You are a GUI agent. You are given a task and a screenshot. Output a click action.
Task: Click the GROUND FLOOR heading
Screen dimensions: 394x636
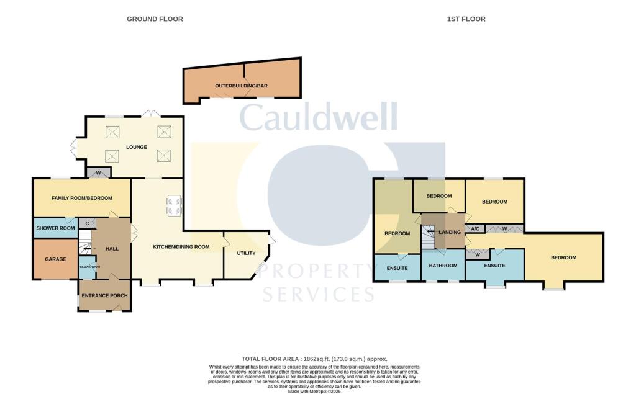click(155, 19)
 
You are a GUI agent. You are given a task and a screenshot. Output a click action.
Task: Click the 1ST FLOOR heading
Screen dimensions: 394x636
click(466, 19)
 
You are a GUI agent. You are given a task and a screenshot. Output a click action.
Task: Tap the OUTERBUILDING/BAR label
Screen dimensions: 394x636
click(242, 85)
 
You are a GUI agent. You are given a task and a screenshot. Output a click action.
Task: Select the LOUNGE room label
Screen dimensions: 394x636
click(136, 147)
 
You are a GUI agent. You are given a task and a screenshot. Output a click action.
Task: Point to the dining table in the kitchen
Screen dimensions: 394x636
click(173, 205)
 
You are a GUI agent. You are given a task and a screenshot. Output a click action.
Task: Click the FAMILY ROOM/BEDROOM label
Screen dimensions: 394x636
click(81, 198)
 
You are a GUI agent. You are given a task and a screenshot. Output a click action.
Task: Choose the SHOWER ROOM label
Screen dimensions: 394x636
click(55, 228)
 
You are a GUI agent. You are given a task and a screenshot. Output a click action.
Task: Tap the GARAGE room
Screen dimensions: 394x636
click(55, 259)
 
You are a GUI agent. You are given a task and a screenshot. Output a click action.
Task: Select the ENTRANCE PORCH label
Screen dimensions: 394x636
click(104, 296)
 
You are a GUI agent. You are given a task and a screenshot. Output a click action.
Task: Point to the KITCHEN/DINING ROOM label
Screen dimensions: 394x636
click(181, 246)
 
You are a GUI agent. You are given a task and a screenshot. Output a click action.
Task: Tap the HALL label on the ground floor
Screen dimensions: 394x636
click(112, 248)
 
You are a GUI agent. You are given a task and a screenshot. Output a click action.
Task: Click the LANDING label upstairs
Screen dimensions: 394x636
click(449, 232)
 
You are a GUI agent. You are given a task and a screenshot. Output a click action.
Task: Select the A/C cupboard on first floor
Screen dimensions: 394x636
click(475, 229)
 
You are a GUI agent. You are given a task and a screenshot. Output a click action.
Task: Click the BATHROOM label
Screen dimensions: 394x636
click(444, 266)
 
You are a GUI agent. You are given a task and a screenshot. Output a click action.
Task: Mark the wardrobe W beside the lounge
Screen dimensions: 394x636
click(98, 172)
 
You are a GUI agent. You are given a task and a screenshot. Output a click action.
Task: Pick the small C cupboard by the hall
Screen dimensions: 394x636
click(86, 224)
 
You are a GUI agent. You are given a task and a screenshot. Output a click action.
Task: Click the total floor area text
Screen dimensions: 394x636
click(314, 359)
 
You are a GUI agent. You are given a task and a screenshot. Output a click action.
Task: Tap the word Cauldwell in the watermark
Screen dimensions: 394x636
click(318, 118)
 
